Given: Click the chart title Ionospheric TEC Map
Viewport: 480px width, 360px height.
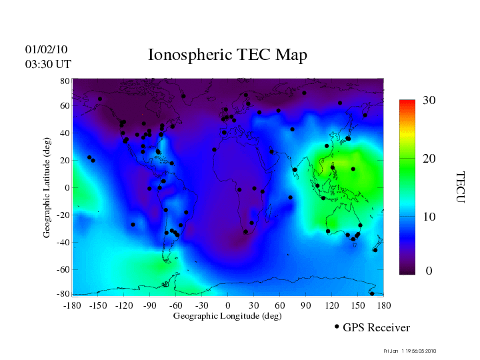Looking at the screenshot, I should tap(227, 55).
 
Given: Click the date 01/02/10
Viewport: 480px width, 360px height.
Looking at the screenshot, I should tap(47, 49).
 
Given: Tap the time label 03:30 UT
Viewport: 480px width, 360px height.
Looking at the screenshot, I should tap(48, 63).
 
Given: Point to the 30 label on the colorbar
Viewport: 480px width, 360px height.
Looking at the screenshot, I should tap(429, 101).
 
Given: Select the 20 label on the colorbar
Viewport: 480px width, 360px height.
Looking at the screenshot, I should tap(429, 159).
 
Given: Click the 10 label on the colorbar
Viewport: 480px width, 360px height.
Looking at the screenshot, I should tap(429, 217).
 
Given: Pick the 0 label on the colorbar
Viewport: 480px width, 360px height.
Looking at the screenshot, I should tap(429, 271).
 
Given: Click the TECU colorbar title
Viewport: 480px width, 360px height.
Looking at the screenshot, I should tap(459, 187).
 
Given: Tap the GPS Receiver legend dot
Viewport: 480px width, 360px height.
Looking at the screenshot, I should tap(337, 327).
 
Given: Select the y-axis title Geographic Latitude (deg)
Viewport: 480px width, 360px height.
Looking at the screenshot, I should tap(47, 192).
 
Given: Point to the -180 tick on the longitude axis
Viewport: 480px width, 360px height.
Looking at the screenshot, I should tap(71, 305).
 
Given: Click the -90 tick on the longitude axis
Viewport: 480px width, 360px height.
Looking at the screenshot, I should tap(149, 305).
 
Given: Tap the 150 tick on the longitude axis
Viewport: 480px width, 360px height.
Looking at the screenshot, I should tap(357, 305).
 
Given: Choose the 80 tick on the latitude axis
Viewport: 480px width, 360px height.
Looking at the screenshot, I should tap(65, 80).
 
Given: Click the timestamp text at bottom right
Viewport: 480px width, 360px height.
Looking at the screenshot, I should tap(410, 351).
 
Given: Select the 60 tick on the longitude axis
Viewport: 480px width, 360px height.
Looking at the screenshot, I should tap(279, 305).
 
